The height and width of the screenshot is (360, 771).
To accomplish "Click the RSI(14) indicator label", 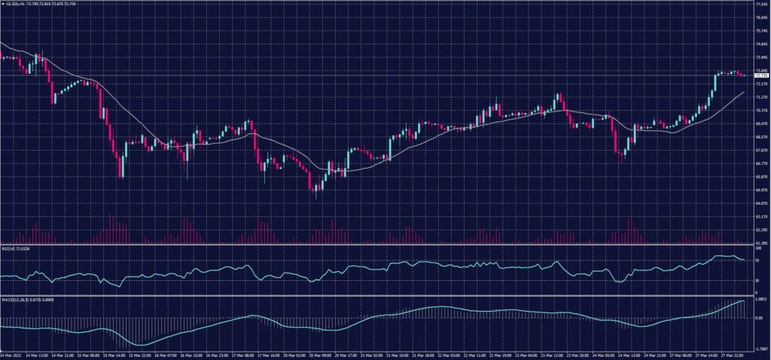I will click(16, 248).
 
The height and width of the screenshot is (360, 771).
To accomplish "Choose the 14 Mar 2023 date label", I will click(11, 355).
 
